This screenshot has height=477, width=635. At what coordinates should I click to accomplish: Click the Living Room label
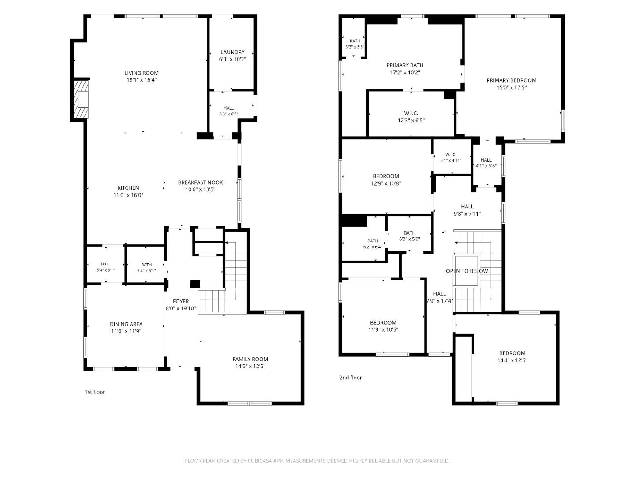(142, 73)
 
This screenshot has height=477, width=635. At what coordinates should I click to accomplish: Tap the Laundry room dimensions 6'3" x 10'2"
(232, 59)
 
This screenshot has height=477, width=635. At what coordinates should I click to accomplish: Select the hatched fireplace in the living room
(81, 99)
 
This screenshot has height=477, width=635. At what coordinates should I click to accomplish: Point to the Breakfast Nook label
(200, 182)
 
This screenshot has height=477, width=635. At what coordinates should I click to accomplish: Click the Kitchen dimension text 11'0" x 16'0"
(128, 195)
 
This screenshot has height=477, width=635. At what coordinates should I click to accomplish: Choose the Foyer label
(181, 301)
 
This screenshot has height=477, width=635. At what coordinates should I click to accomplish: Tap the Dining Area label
(126, 324)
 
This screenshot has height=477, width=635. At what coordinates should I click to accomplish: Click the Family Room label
(250, 359)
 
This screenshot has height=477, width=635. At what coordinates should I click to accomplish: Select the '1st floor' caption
(95, 392)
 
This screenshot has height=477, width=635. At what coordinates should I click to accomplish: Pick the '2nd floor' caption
(350, 377)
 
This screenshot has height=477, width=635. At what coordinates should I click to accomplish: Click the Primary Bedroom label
(511, 80)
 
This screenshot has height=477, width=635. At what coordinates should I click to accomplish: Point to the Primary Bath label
(405, 65)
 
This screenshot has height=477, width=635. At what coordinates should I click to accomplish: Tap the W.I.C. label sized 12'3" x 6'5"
(411, 113)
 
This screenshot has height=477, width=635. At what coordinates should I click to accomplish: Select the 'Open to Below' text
(467, 271)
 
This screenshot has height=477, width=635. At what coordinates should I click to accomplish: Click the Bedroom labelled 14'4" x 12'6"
(512, 353)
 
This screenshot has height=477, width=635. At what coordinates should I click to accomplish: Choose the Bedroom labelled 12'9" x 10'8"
(385, 176)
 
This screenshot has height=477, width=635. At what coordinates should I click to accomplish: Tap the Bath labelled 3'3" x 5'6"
(355, 41)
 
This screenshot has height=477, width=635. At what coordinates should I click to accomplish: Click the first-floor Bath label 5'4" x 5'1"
(146, 265)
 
